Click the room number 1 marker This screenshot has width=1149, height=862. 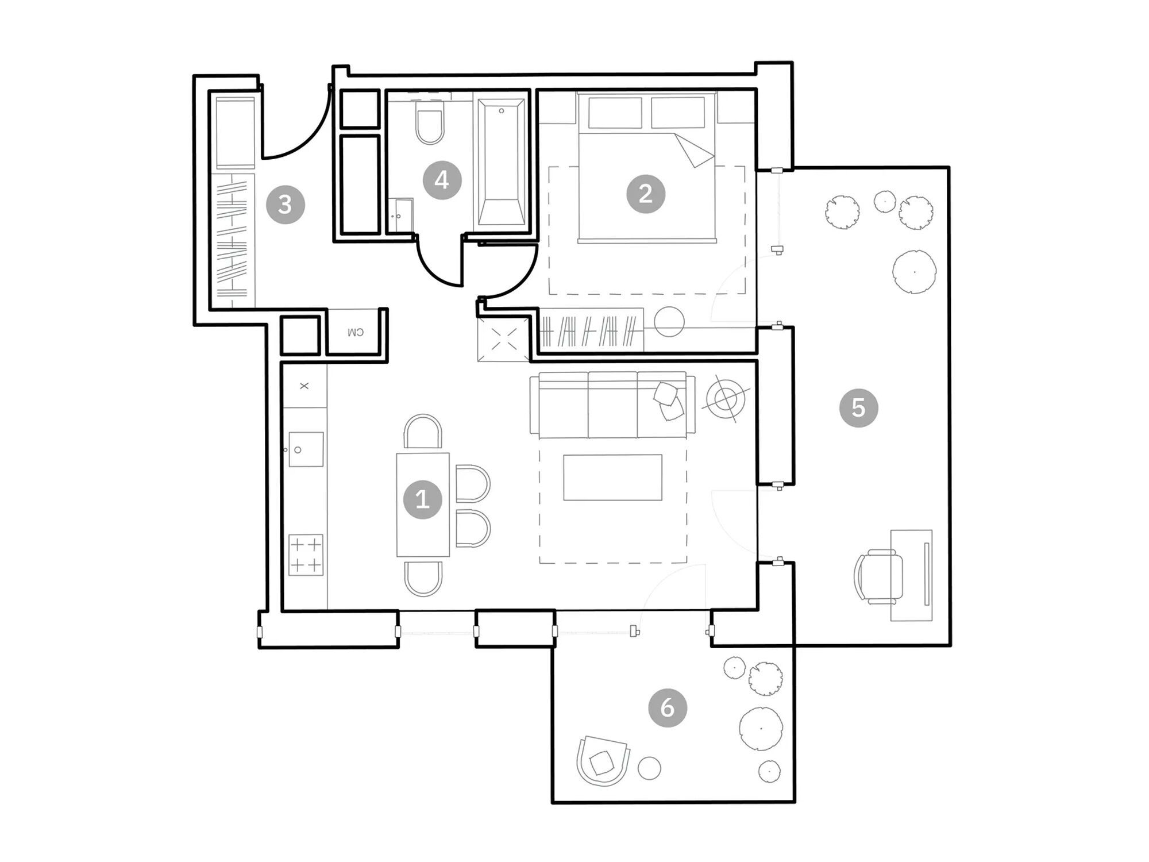pos(422,499)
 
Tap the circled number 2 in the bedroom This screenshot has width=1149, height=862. pos(645,194)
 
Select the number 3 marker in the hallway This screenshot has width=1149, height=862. pos(285,204)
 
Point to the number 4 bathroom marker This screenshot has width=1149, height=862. pos(442,180)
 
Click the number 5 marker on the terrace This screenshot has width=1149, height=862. pos(858,407)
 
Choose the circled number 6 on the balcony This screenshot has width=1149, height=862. pos(667,707)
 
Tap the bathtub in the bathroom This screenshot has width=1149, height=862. pos(501,163)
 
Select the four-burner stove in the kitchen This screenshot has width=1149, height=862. pos(306,555)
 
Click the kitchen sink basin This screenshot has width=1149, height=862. pos(306,449)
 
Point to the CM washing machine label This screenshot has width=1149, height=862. pos(356,332)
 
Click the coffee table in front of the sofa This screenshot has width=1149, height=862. pos(612,478)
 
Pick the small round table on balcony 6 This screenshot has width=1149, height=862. pos(649,768)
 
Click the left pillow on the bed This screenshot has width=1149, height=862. pos(615,113)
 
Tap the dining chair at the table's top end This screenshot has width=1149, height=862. pos(423,431)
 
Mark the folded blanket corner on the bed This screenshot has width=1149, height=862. pos(694,151)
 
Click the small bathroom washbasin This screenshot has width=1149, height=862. pos(400,215)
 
